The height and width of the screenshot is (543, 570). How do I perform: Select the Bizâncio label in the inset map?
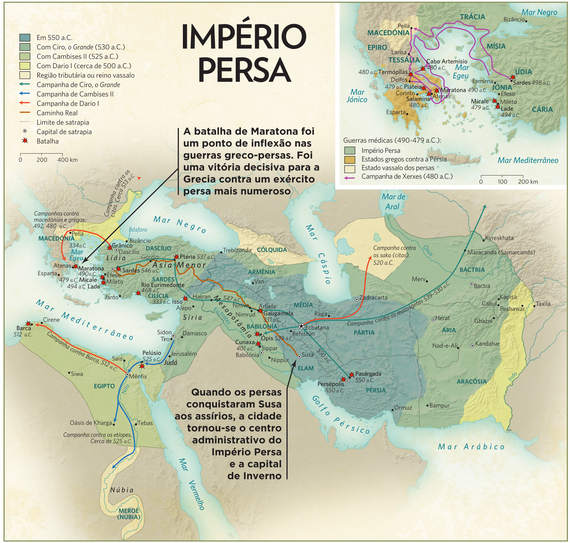(x=514, y=19)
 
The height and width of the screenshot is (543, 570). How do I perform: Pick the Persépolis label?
(x=331, y=384)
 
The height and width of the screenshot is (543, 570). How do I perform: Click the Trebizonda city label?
(x=237, y=250)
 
